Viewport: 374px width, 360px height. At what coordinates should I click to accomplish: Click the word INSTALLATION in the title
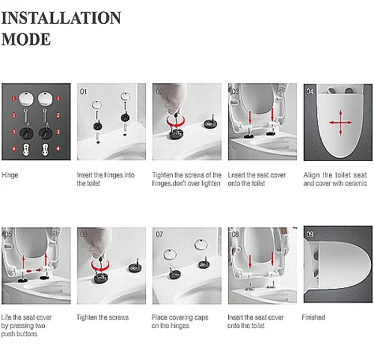click(61, 18)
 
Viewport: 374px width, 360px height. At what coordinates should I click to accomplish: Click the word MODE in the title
click(26, 39)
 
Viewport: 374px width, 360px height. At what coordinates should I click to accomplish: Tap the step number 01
click(83, 91)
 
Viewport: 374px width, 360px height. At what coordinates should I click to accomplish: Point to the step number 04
click(310, 91)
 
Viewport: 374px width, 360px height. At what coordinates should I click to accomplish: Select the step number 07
click(159, 234)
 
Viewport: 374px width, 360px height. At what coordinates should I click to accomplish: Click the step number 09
click(310, 234)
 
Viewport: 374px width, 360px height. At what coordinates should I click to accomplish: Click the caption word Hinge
click(10, 175)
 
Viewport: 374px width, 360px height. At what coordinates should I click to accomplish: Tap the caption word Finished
click(313, 317)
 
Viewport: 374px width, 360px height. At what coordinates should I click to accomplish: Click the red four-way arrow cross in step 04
click(340, 123)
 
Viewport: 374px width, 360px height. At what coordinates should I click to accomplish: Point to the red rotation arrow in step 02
click(176, 122)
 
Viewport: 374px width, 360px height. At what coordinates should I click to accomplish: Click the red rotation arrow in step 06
click(100, 266)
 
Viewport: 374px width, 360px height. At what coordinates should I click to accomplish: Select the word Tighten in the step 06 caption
click(87, 317)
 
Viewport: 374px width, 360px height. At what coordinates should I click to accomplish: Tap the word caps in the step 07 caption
click(201, 318)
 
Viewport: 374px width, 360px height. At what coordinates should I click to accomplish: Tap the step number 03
click(235, 91)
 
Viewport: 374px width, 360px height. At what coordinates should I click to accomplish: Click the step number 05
click(8, 234)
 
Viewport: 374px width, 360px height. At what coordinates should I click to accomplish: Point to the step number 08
click(235, 234)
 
